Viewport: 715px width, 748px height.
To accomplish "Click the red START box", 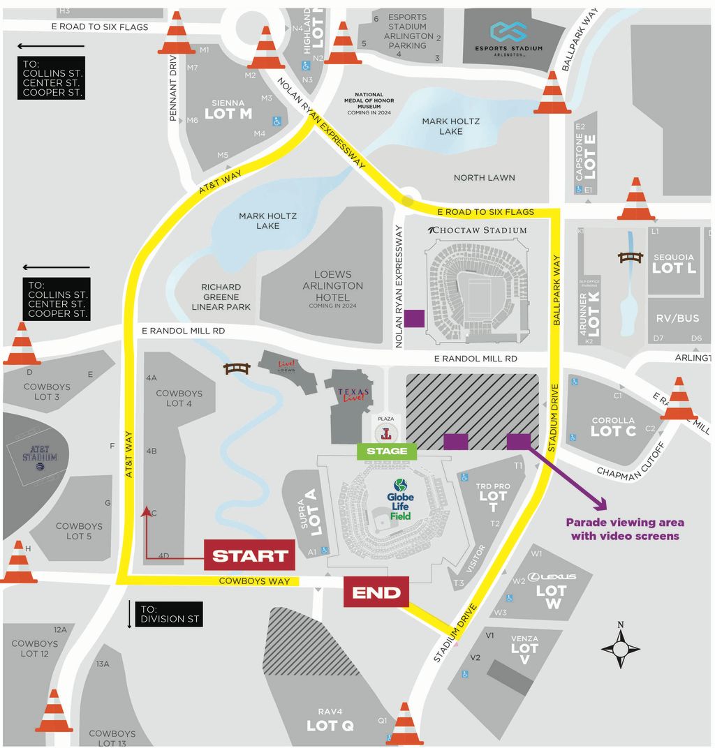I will coord(250,555).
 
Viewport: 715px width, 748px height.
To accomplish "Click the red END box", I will coord(376,593).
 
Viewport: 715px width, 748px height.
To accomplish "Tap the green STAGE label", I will coord(386,451).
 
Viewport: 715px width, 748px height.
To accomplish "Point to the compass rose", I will coord(621,648).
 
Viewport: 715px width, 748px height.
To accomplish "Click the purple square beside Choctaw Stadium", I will coord(414,318).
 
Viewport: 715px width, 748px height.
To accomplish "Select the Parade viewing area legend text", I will coord(624,529).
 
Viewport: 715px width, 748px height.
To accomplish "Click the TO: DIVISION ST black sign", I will coord(168,613).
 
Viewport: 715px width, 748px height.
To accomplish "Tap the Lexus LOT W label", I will coord(552,590).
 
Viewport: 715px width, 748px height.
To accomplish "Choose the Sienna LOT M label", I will coord(228,110).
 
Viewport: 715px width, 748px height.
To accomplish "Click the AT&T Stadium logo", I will coord(39,453).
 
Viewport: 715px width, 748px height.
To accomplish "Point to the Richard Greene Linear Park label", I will coord(221,297).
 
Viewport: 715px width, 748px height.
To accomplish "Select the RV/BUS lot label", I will coord(677,318).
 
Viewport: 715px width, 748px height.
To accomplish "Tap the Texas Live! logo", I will coord(353,396).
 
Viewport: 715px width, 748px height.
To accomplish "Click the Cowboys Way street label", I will coord(244,581).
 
